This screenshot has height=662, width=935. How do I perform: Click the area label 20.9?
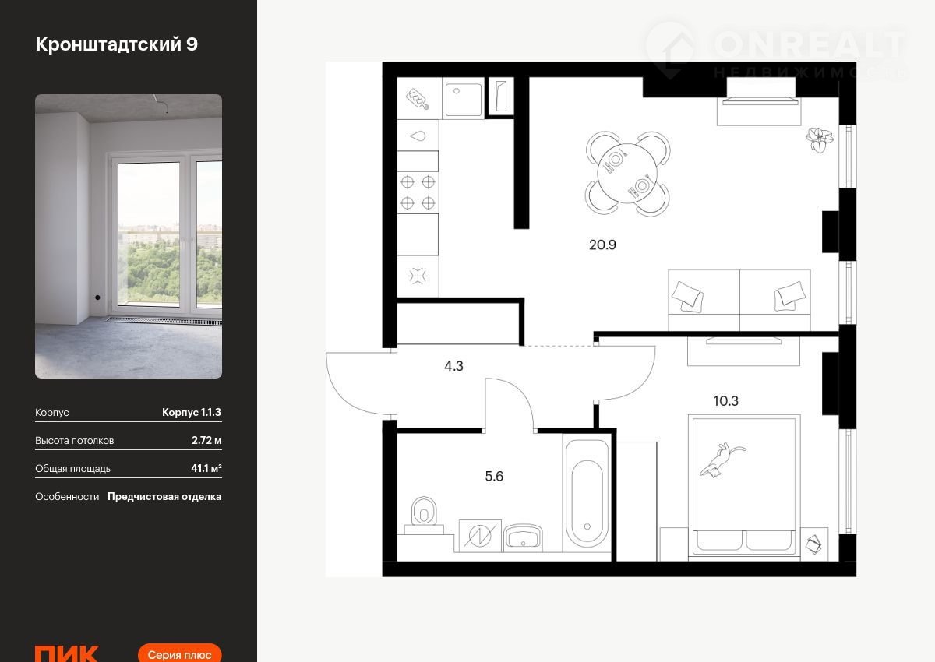(602, 245)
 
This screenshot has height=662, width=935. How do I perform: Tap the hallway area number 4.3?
(453, 366)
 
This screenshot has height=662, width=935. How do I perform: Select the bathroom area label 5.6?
(494, 477)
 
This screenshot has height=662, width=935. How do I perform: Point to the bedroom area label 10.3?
(726, 401)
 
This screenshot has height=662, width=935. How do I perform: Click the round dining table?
(627, 174)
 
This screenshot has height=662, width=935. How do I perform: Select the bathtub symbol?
(587, 494)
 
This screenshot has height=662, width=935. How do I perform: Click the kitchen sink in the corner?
(464, 99)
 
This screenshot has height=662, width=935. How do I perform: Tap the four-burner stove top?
(418, 192)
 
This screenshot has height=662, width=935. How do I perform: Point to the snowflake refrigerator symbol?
(418, 276)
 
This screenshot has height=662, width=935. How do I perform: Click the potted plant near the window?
(819, 139)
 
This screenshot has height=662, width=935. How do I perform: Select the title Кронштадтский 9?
(116, 44)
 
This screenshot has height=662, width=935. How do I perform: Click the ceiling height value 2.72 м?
(206, 440)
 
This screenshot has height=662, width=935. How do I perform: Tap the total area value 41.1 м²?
(206, 468)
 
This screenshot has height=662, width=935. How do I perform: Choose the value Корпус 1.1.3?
(192, 412)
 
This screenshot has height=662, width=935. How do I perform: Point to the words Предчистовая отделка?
(164, 496)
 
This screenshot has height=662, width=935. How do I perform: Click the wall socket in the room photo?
(97, 298)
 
